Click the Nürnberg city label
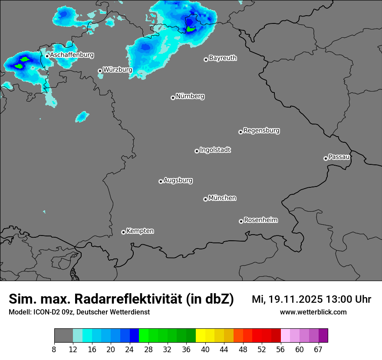[x=190, y=96]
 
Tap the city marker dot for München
[x=205, y=199]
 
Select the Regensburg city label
[x=261, y=130]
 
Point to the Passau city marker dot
[x=326, y=158]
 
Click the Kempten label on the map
[x=140, y=231]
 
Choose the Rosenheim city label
[x=260, y=220]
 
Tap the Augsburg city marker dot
[x=161, y=181]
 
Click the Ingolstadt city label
[x=215, y=150]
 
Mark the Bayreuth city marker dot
[x=206, y=59]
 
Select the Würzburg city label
[x=118, y=69]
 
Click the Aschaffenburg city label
[x=72, y=55]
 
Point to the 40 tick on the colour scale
[x=205, y=350]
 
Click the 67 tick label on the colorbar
[x=318, y=350]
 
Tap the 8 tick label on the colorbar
[x=54, y=350]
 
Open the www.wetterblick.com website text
[x=313, y=312]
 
